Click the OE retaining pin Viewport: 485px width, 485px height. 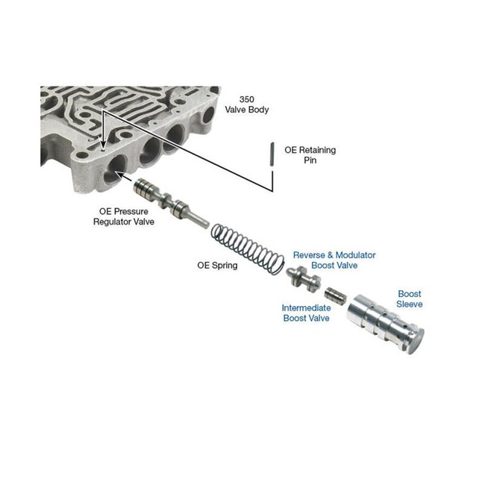pyautogui.click(x=272, y=154)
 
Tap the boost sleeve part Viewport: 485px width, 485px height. pyautogui.click(x=385, y=324)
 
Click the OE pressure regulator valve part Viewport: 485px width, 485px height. pyautogui.click(x=171, y=203)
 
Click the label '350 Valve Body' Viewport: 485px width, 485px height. pyautogui.click(x=247, y=104)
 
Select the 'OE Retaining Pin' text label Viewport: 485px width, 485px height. pyautogui.click(x=310, y=155)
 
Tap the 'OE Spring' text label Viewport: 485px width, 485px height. pyautogui.click(x=217, y=266)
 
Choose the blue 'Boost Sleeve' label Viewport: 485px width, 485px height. pyautogui.click(x=410, y=298)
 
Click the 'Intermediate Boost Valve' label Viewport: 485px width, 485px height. pyautogui.click(x=306, y=313)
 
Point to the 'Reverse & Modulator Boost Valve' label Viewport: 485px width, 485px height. pyautogui.click(x=334, y=260)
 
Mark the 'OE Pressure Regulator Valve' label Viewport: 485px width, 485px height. pyautogui.click(x=124, y=216)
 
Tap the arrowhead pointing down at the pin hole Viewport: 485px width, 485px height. pyautogui.click(x=103, y=145)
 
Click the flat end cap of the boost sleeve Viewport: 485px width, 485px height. pyautogui.click(x=416, y=342)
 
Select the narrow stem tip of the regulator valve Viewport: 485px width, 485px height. pyautogui.click(x=206, y=225)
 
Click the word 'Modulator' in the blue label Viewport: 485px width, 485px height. pyautogui.click(x=355, y=255)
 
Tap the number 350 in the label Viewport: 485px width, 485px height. pyautogui.click(x=247, y=99)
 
